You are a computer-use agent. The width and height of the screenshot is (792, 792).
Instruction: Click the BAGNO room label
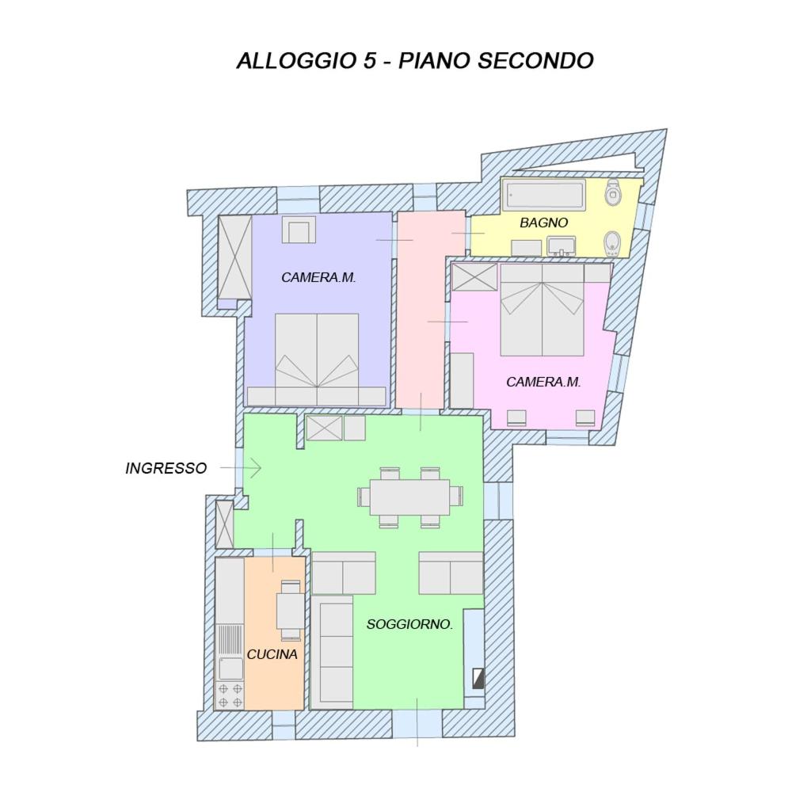[543, 223]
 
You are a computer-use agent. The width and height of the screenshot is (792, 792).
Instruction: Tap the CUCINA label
[272, 654]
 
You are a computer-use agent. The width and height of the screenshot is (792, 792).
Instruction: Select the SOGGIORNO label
[409, 624]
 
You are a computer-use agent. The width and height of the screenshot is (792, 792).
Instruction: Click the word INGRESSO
[166, 468]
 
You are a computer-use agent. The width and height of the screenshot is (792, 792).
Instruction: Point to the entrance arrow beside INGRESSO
[241, 468]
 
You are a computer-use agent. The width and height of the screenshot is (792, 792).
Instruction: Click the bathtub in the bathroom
[545, 196]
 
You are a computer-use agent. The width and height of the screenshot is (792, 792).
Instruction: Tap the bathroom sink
[562, 246]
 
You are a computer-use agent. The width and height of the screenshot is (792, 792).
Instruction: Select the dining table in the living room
[409, 497]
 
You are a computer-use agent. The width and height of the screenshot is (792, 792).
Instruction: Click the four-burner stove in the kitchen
[230, 695]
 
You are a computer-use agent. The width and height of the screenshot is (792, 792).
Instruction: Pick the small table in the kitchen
[291, 610]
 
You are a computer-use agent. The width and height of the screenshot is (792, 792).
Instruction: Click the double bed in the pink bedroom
[542, 310]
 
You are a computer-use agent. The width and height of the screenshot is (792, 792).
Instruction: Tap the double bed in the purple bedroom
[317, 359]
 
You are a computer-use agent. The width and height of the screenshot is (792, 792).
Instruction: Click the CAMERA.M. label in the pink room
[543, 382]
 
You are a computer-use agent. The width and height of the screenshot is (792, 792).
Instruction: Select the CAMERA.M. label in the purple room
[318, 277]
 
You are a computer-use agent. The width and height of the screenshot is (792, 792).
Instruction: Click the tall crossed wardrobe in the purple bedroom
[235, 257]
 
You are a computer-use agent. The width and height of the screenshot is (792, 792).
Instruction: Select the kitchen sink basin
[230, 668]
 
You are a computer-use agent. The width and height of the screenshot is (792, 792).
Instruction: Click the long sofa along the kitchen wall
[332, 652]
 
